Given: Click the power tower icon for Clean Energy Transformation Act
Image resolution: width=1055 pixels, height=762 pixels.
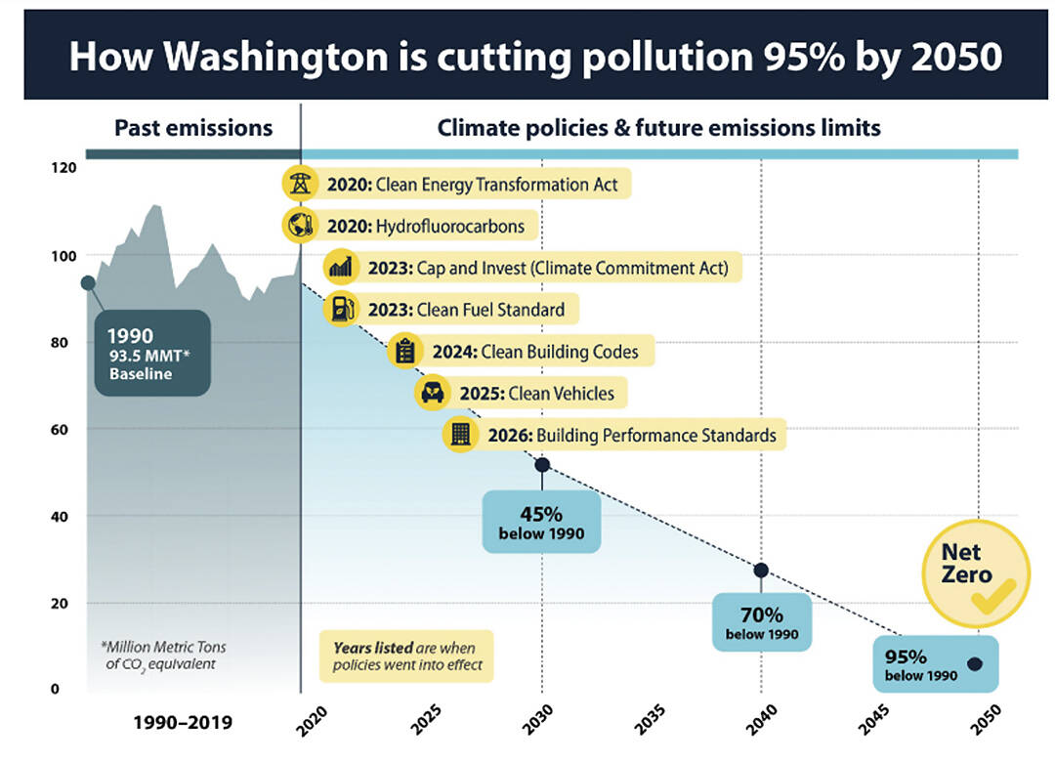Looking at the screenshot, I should point(298,184).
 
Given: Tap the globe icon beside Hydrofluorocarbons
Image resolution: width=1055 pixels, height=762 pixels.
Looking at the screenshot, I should point(298,226).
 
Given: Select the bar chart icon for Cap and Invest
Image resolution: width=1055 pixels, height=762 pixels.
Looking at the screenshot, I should point(340,267).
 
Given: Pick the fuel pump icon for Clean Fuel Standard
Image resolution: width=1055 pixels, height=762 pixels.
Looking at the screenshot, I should point(340,310).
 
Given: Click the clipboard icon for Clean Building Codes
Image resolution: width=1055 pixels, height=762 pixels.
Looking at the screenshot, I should point(404,351).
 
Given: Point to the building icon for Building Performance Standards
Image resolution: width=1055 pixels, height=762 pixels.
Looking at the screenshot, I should point(459,435).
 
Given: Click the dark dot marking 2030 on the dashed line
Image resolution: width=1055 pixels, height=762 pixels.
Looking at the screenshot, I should point(542,465).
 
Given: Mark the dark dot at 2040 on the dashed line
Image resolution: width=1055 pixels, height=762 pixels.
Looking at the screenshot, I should point(761,571).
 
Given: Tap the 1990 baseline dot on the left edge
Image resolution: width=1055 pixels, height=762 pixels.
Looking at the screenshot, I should point(88,282).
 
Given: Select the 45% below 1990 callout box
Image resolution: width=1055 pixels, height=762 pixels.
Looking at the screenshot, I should point(541,522).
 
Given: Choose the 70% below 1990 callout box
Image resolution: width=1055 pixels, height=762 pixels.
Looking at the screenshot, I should point(761,622).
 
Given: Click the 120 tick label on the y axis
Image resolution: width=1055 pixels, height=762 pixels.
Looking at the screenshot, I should point(63,168).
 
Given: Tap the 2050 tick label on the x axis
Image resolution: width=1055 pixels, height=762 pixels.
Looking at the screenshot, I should point(980,720).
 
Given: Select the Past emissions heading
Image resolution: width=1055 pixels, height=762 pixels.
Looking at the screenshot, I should point(193,128).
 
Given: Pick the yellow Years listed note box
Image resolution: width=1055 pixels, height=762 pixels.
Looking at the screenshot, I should point(406,656).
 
